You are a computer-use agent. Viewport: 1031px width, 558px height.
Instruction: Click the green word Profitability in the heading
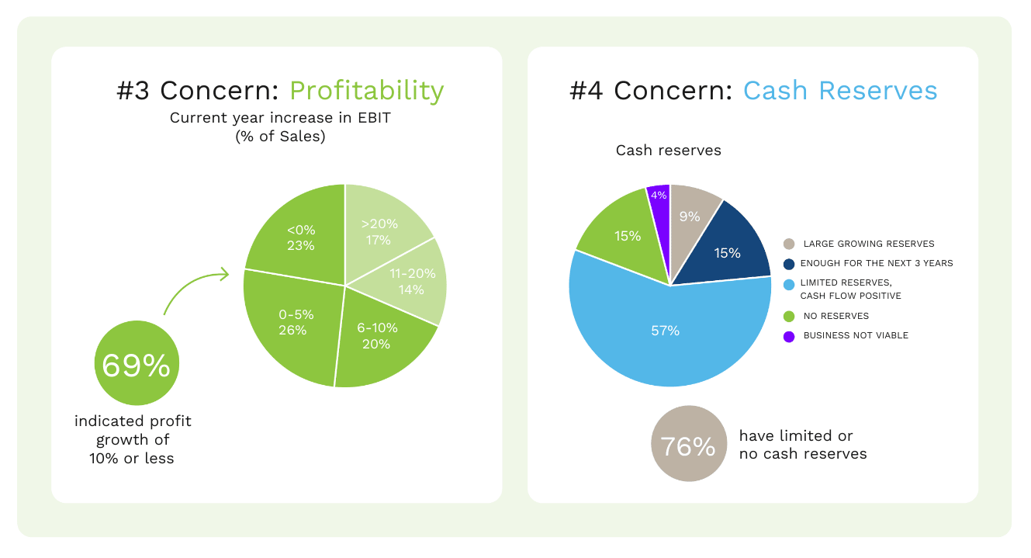(x=366, y=91)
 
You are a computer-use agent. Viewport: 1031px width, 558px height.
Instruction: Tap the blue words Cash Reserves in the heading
(x=840, y=91)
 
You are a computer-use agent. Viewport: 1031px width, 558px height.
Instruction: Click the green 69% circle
(x=137, y=366)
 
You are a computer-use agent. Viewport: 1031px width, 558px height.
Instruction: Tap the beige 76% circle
(x=687, y=445)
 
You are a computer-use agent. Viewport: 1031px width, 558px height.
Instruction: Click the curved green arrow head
(x=224, y=274)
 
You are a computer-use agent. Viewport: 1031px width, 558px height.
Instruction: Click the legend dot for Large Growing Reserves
(x=789, y=244)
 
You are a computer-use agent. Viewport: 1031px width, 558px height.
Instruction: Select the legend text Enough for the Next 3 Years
(x=877, y=263)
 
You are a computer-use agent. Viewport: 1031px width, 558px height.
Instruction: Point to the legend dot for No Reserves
(x=789, y=316)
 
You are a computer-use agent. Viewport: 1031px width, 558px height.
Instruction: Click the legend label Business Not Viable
(x=856, y=335)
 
